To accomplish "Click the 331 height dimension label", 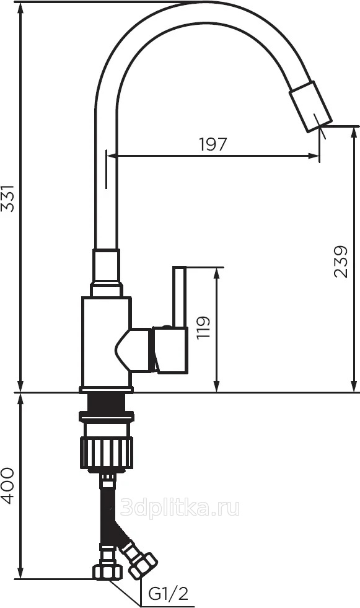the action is (x=8, y=198).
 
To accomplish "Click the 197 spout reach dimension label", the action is (x=213, y=144).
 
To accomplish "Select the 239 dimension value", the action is (x=341, y=262).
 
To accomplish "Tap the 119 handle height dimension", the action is (x=203, y=328).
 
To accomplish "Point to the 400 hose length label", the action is (x=8, y=486).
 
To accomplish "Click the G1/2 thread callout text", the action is (x=169, y=593).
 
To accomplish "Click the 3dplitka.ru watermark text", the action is (x=180, y=508).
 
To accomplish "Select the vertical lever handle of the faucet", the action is (x=180, y=297).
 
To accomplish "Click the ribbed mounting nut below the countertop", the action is (x=107, y=452).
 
